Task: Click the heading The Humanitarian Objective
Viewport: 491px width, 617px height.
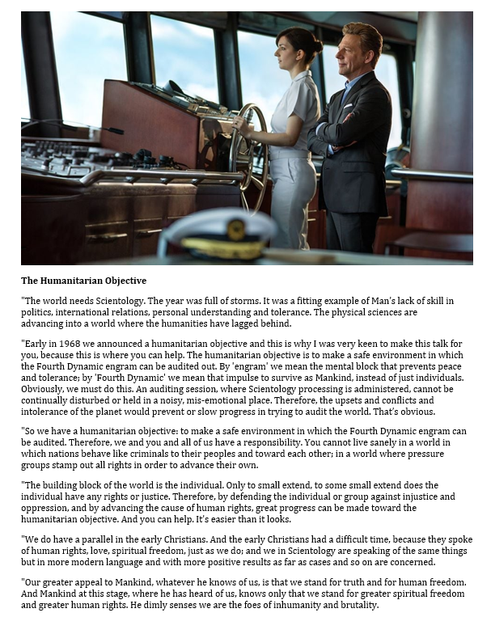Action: (83, 281)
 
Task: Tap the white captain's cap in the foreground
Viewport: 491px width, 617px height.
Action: (216, 234)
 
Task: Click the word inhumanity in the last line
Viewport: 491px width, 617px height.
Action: (294, 605)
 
